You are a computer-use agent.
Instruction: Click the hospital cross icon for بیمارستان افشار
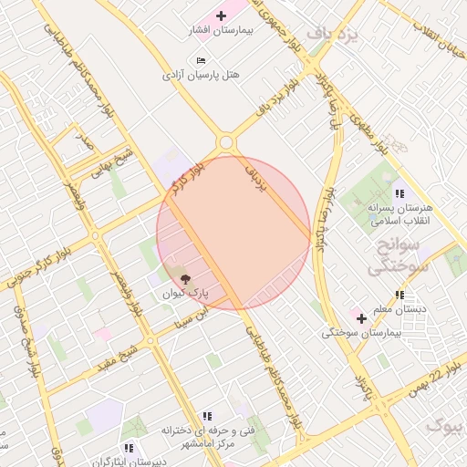(221, 16)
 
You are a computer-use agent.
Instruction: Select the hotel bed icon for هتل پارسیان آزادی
(201, 60)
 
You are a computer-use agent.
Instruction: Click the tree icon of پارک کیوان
(185, 279)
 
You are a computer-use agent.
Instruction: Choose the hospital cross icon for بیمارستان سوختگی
(362, 319)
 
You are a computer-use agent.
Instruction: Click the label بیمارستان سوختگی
(362, 334)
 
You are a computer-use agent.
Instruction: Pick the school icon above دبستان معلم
(400, 295)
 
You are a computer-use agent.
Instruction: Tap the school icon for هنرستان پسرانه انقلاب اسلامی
(400, 192)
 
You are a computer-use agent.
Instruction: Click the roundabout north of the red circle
(225, 142)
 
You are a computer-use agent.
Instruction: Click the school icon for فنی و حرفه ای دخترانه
(207, 415)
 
